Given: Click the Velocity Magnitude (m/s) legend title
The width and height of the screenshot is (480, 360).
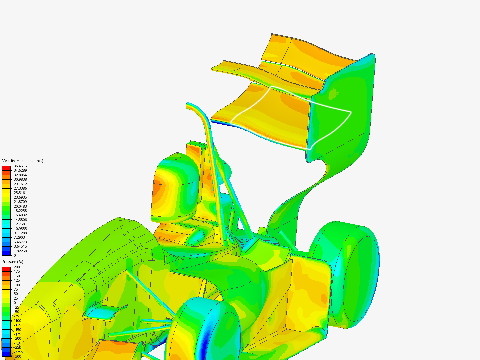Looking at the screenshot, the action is tap(23, 161).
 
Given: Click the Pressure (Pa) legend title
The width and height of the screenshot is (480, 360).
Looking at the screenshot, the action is tap(13, 262).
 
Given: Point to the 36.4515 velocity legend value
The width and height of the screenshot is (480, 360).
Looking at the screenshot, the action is tap(20, 166).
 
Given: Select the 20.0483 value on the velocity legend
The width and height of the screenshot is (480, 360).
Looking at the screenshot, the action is tap(20, 206).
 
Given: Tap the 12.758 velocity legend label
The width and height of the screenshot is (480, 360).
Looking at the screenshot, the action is tap(19, 224).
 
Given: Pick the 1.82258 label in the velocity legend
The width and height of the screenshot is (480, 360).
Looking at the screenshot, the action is tap(20, 251).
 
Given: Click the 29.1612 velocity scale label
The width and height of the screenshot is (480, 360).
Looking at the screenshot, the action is tap(20, 184).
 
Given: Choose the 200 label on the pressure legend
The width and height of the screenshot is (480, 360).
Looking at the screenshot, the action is tap(17, 267).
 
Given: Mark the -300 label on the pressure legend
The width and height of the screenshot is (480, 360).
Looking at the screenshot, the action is tap(17, 357).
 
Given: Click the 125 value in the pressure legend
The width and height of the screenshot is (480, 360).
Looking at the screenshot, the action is tap(17, 280).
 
